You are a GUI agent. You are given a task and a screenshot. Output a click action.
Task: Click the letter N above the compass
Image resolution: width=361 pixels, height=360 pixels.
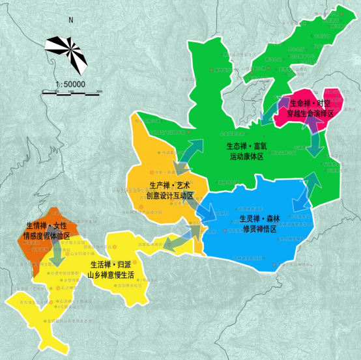pyautogui.click(x=70, y=20)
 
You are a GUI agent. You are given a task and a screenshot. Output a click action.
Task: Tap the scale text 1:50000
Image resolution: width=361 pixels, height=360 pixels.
pyautogui.click(x=70, y=84)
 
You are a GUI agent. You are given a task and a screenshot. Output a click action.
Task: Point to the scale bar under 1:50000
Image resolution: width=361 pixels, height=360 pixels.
pyautogui.click(x=70, y=92)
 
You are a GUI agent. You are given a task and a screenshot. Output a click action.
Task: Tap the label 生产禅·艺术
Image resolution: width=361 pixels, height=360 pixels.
pyautogui.click(x=169, y=186)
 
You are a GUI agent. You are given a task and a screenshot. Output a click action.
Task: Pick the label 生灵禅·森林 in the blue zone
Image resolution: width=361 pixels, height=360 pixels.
pyautogui.click(x=260, y=219)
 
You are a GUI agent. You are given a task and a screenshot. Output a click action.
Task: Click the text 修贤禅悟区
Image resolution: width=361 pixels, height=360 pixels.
pyautogui.click(x=259, y=229)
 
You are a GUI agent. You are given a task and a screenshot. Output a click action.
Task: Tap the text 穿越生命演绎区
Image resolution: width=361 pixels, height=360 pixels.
pyautogui.click(x=311, y=113)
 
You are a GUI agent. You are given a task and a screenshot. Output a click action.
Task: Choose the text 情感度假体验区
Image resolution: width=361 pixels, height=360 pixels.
pyautogui.click(x=48, y=235)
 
